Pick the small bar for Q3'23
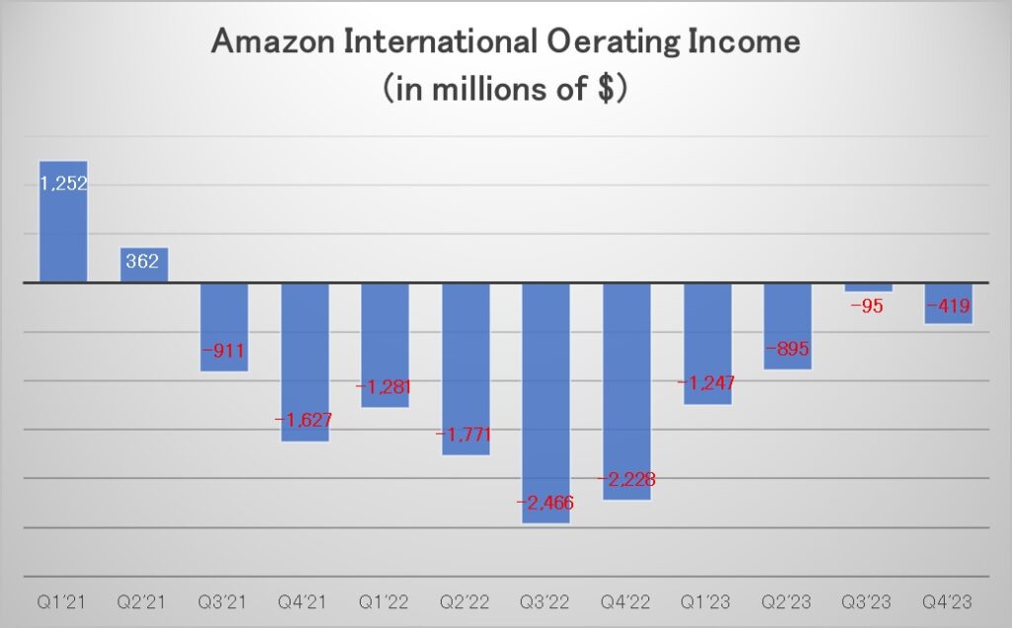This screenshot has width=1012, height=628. tap(869, 287)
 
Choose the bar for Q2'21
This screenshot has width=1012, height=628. tap(144, 265)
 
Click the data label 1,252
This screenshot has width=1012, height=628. tap(63, 183)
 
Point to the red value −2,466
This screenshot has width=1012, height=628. tap(546, 503)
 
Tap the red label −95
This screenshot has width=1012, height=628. tap(869, 305)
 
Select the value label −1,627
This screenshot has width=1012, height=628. tap(304, 420)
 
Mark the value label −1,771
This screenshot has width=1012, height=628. tap(465, 433)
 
